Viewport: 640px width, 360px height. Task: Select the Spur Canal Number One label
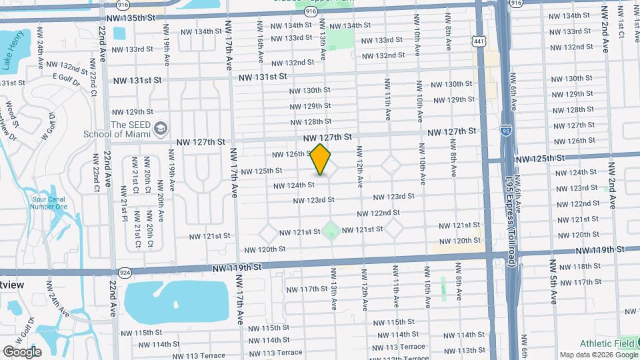(49, 202)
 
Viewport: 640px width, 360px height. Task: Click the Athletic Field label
(604, 343)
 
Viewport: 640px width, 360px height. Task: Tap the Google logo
(23, 351)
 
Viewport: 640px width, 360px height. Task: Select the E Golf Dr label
(65, 77)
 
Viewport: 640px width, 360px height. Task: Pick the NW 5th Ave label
(553, 280)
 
